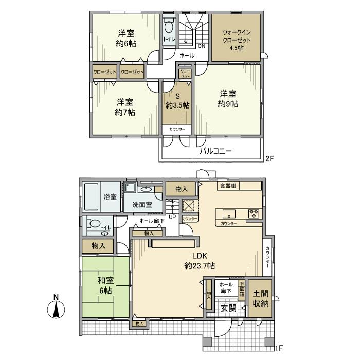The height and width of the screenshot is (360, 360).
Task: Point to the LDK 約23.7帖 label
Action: click(x=200, y=261)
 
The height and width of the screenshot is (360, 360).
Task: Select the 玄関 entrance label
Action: click(x=228, y=308)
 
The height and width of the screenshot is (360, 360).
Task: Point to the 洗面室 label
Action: click(x=141, y=204)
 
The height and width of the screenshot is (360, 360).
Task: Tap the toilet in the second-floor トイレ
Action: click(x=169, y=30)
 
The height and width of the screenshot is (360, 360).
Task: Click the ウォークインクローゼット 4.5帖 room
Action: click(x=237, y=39)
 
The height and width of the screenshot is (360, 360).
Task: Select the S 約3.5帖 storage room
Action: click(x=177, y=101)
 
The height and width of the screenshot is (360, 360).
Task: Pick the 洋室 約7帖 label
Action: click(x=125, y=106)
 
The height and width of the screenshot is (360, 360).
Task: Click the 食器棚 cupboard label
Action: click(x=228, y=186)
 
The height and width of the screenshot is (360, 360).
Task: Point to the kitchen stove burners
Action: click(x=254, y=212)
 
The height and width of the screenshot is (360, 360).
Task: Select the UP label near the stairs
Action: click(x=172, y=217)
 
